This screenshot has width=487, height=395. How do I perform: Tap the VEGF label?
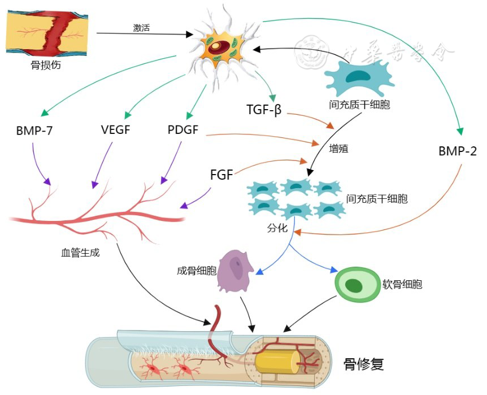pos(115,131)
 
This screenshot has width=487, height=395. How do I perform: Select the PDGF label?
pos(183,130)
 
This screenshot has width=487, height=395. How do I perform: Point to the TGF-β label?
pos(264,108)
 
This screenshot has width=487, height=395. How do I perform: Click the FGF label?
pos(221,175)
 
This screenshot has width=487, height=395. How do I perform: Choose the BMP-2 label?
pos(458,151)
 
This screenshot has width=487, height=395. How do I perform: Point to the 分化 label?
pos(278,229)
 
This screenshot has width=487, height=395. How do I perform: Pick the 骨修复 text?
pos(364,364)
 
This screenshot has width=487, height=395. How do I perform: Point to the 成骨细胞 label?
pos(197,271)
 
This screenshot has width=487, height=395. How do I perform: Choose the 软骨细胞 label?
pos(402,284)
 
